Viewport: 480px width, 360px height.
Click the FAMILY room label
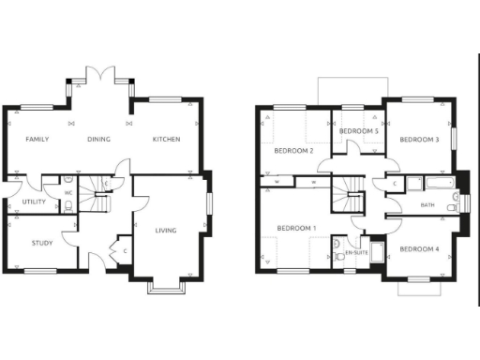coord(37,140)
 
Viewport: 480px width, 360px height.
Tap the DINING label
coord(99,140)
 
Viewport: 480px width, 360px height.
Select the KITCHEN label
coord(167,140)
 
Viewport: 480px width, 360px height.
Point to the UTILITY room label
coord(22,202)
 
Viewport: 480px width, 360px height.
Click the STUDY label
coord(41,244)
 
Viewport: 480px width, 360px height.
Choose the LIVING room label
coord(166,230)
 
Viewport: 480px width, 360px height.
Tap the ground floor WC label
coord(68,194)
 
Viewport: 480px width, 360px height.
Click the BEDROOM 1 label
coord(295,229)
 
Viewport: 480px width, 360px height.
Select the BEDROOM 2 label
coord(292,150)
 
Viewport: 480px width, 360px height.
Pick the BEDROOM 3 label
coord(419,140)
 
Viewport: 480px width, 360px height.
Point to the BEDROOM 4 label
coord(418,248)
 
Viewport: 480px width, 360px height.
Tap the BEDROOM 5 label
coord(359,130)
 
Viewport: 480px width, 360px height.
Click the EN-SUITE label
coord(356,253)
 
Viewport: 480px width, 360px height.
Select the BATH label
coord(427,204)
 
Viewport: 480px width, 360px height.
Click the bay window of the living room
coord(166,287)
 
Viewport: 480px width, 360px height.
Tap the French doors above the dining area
coord(99,75)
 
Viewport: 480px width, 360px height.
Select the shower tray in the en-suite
coord(377,252)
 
